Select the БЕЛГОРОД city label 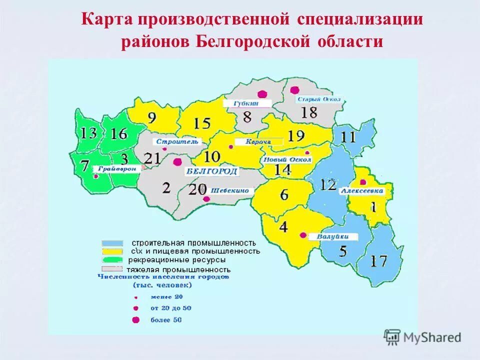point(212,171)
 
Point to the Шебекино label point(232,190)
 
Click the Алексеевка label point(362,191)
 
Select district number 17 point(379,260)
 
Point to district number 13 point(88,133)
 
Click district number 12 point(328,185)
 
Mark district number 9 point(151,118)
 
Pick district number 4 point(283,226)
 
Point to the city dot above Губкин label point(261,93)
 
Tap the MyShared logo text point(432,337)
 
